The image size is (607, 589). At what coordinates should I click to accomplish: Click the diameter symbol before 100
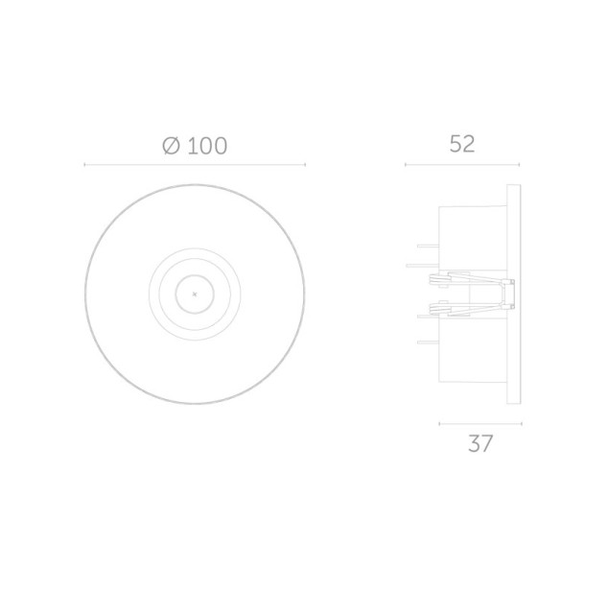[171, 146]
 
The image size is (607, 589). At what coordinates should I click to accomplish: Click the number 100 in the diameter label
[207, 146]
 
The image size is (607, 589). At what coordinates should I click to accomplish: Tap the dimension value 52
[462, 144]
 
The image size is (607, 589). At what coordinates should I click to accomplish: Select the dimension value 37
[480, 443]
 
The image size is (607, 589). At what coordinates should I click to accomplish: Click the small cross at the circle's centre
[195, 294]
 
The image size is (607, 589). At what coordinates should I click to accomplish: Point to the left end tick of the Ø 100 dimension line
[84, 165]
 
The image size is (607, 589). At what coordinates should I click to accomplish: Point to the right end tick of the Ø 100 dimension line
[305, 165]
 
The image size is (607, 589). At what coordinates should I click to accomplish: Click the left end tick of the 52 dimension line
[406, 165]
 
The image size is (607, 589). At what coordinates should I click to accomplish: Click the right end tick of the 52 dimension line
[519, 165]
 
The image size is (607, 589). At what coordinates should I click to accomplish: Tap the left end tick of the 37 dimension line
[439, 424]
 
